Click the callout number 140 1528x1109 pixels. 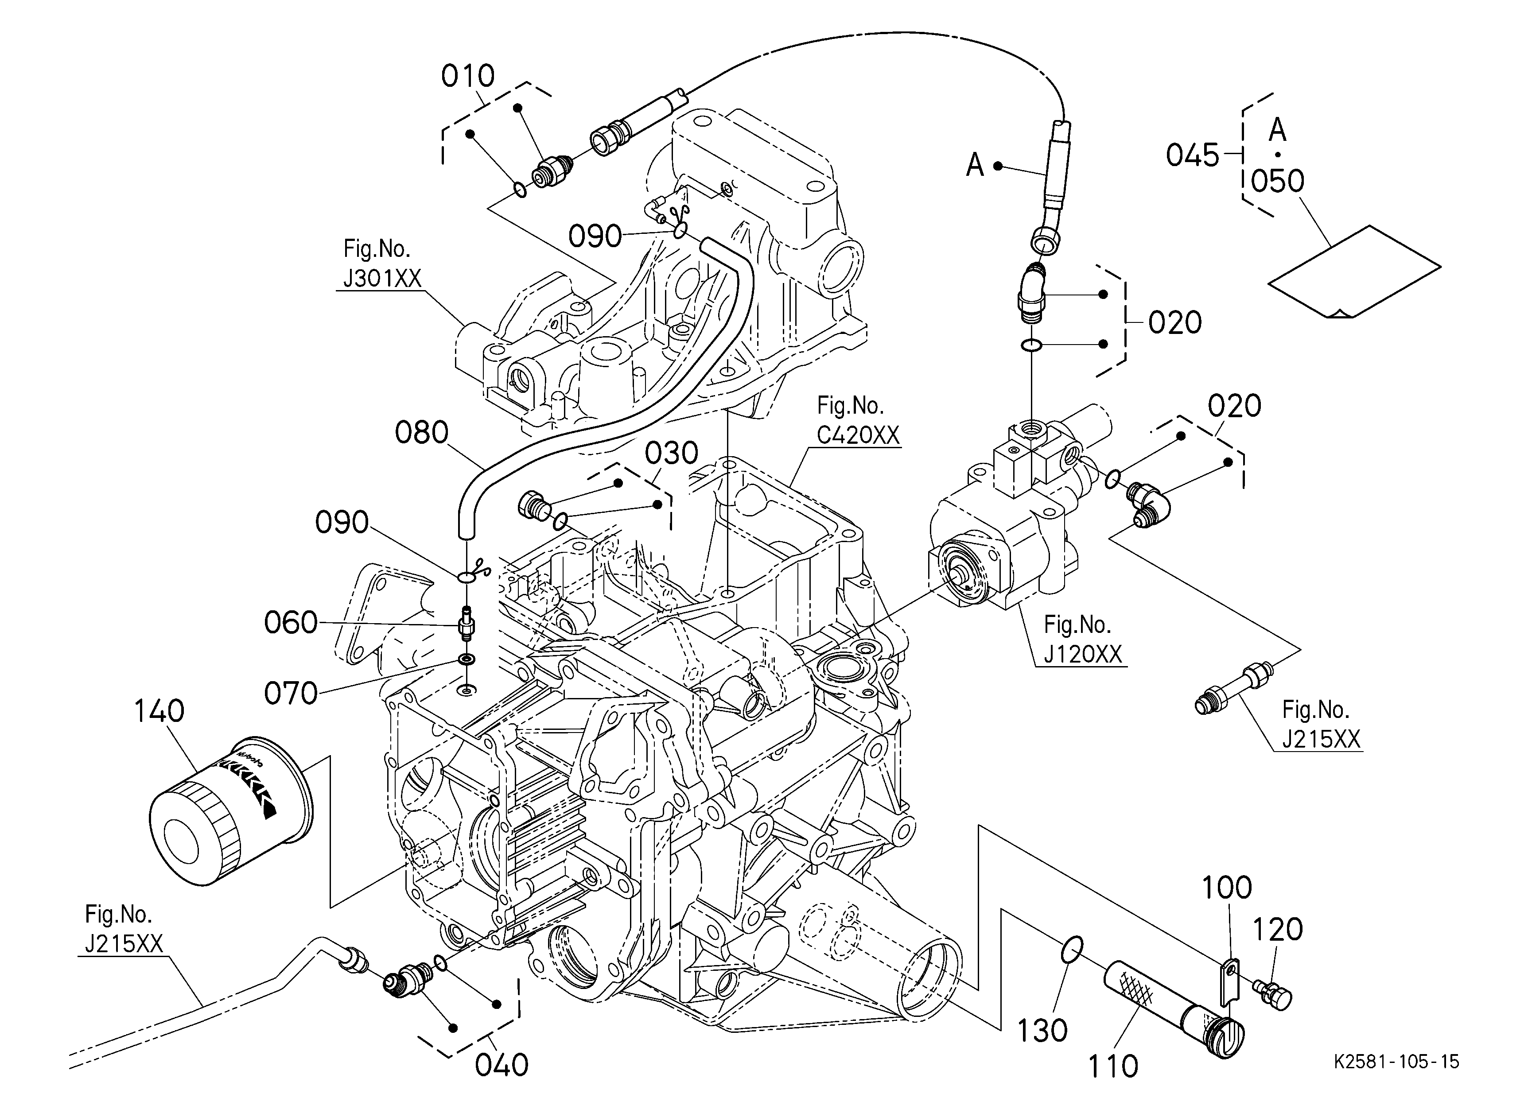tap(159, 711)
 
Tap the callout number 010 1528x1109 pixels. tap(467, 76)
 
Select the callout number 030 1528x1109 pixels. tap(671, 454)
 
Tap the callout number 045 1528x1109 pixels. tap(1193, 155)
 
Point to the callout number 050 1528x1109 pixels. tap(1277, 181)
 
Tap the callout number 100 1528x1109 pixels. tap(1227, 888)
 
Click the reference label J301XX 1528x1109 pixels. tap(382, 278)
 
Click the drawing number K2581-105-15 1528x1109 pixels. tap(1396, 1062)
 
